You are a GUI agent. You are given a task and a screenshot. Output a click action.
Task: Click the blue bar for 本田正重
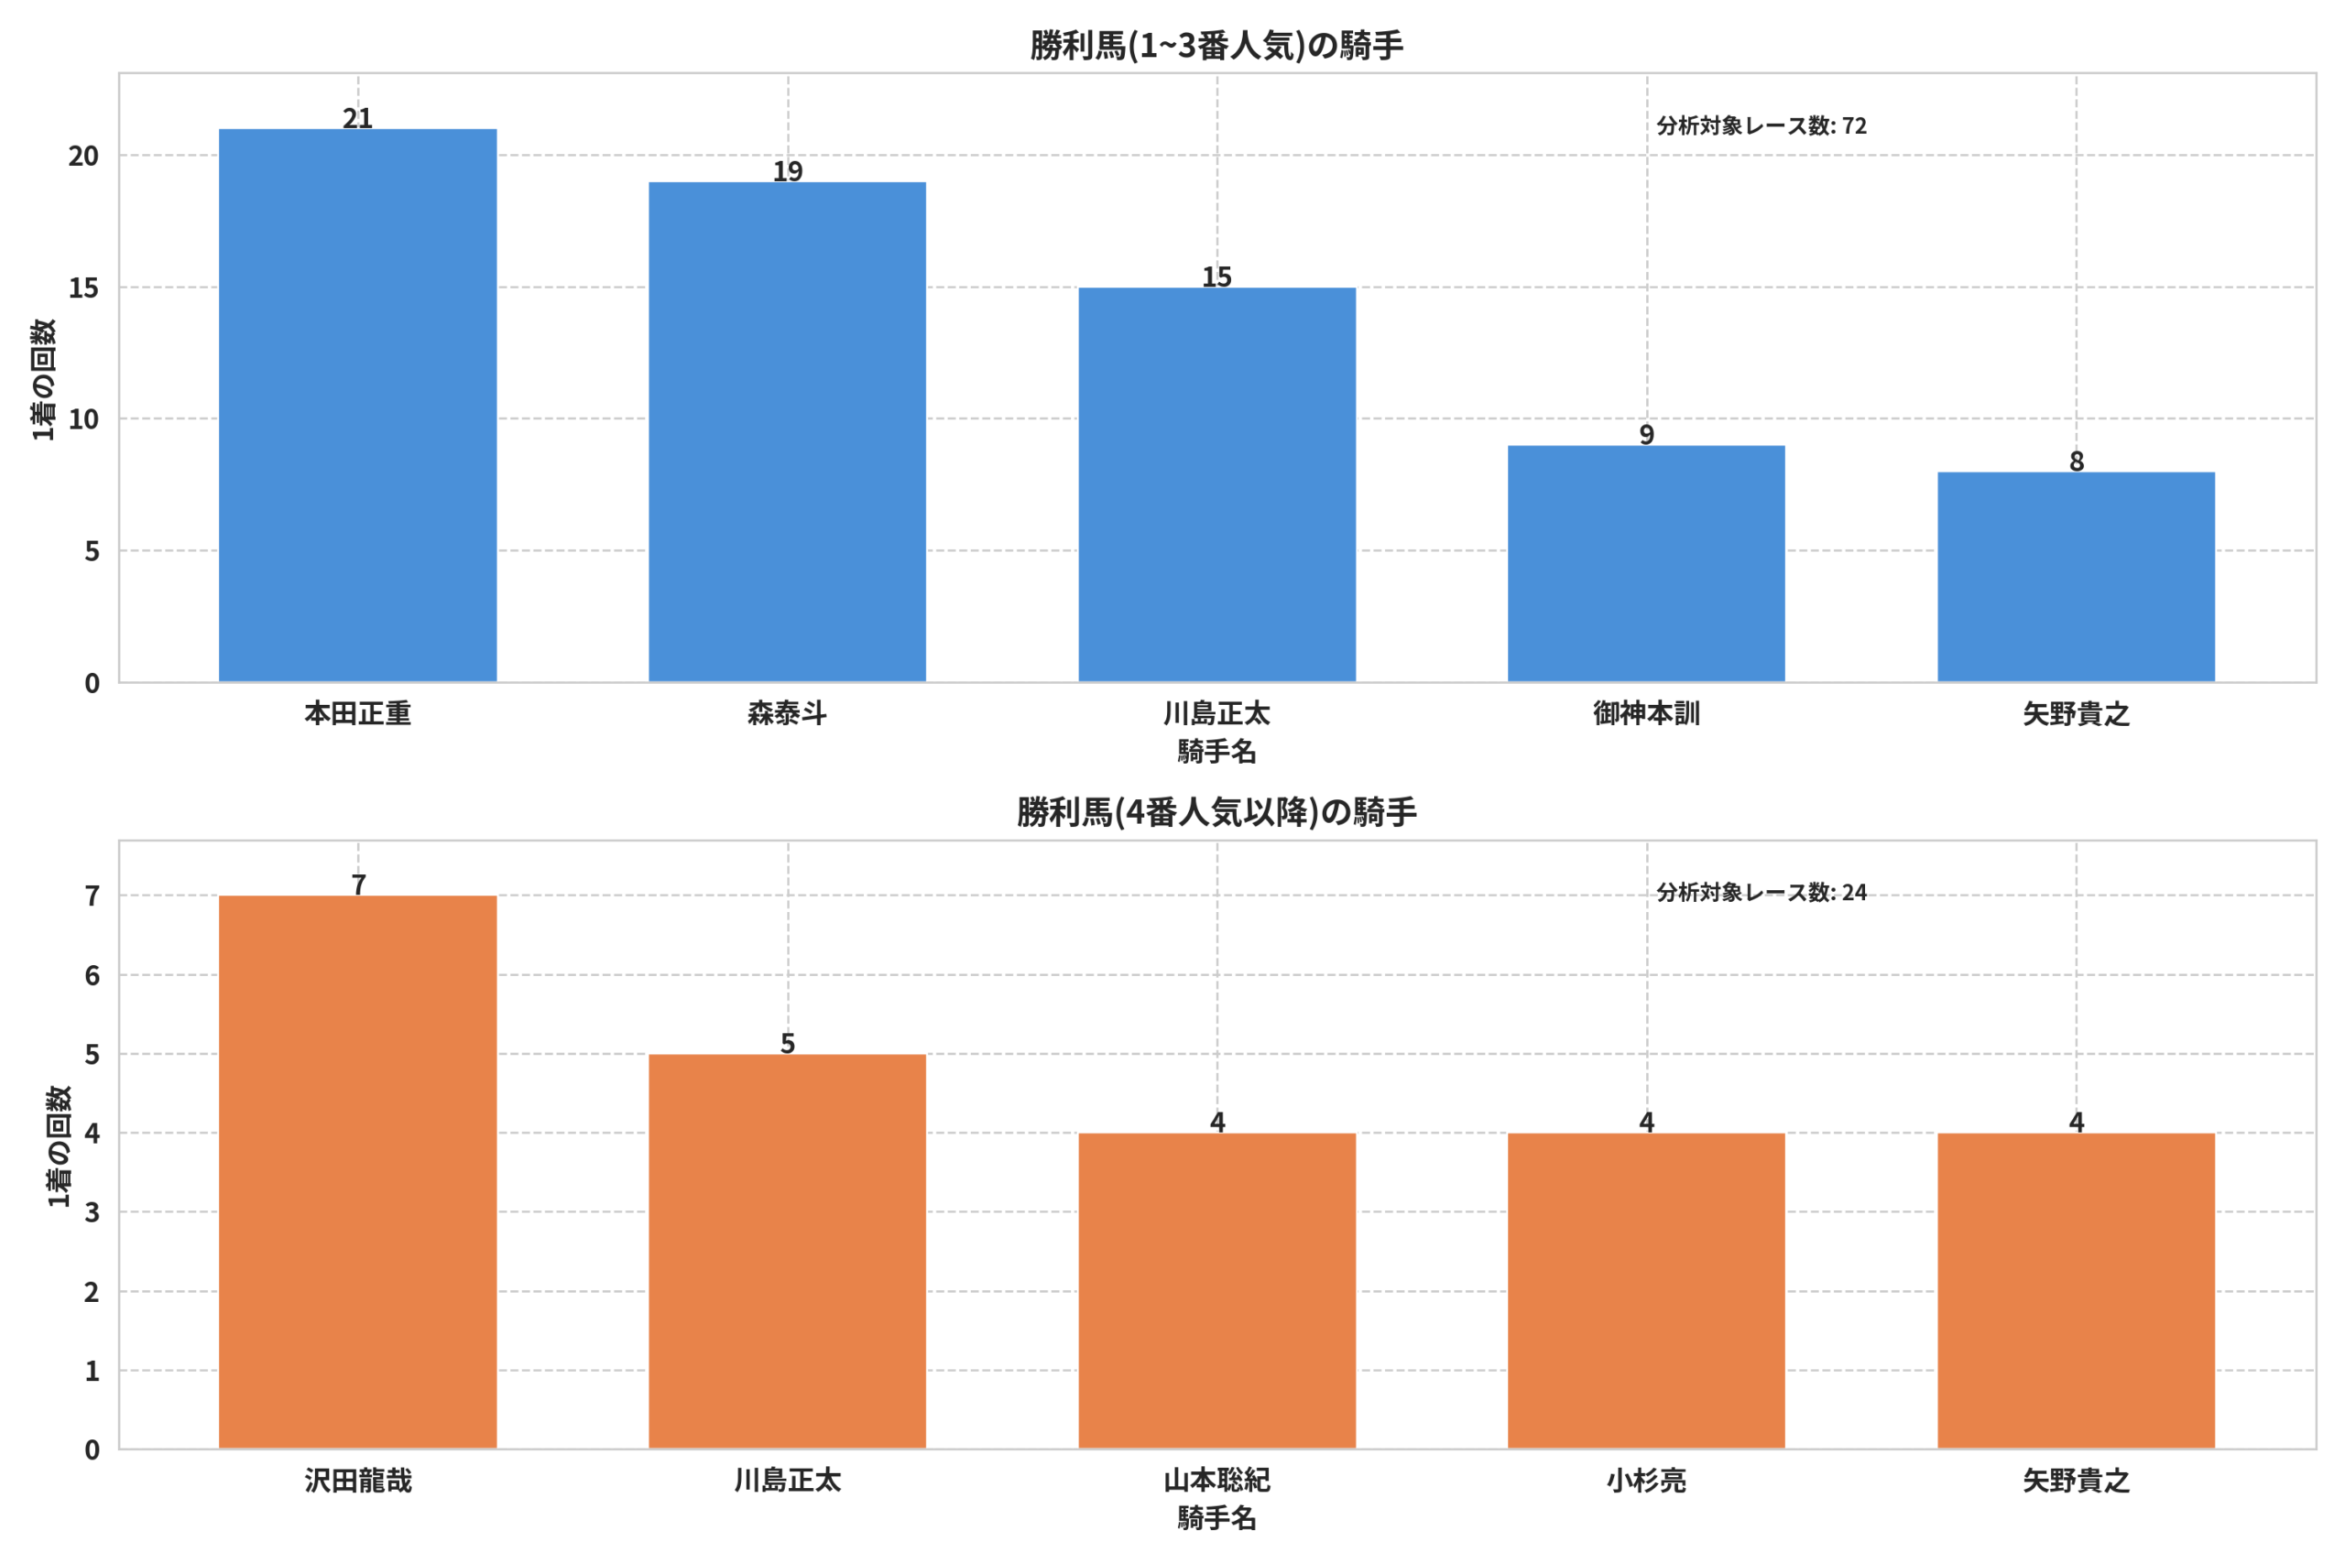358,405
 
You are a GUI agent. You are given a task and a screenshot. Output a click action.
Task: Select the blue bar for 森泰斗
788,431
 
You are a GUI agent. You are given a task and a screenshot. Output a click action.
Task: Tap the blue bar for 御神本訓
1646,563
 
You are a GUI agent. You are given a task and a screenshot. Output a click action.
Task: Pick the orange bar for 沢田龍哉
358,1171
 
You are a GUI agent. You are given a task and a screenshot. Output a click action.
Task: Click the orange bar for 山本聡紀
1217,1290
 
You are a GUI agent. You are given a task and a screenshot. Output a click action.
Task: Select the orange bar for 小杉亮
1646,1290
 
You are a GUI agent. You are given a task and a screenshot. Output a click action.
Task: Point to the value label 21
358,117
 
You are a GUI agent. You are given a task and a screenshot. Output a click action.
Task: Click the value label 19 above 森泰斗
788,170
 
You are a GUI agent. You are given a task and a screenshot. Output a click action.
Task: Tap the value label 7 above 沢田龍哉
359,885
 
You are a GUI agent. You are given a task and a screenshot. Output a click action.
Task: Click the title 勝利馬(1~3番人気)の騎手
1216,45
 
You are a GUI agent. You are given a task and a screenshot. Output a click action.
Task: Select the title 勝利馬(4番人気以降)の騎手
1216,811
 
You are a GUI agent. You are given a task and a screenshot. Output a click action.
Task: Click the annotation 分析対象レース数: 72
1761,125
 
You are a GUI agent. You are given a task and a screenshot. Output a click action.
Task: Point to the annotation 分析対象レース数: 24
1761,892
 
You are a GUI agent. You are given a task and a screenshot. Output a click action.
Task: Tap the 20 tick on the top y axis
83,156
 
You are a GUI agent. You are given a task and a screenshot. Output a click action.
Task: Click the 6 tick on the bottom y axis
92,975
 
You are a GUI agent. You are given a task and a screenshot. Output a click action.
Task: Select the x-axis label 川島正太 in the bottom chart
788,1481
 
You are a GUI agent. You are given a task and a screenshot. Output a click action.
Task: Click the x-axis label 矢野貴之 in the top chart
2076,713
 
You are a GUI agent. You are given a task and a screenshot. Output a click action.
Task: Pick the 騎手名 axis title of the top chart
1216,751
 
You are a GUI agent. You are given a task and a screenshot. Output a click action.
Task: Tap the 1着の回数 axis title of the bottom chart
59,1146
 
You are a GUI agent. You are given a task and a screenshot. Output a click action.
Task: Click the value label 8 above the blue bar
2077,461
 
